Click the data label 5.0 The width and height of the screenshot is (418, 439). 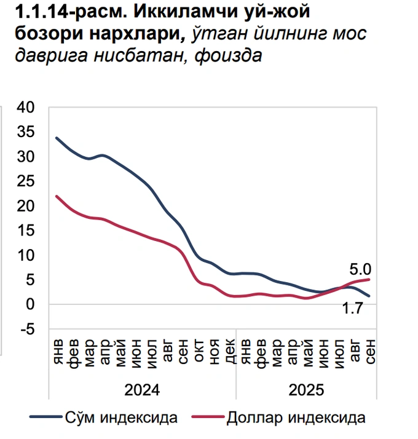tap(361, 269)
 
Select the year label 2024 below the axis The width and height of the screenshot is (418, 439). tap(143, 390)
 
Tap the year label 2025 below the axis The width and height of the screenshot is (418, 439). tap(306, 390)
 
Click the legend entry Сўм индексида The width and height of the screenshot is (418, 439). tap(121, 418)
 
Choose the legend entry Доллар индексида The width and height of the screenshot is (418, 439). tap(296, 418)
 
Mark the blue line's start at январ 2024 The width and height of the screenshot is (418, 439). tap(57, 138)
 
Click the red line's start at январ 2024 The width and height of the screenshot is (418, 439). tap(57, 196)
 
